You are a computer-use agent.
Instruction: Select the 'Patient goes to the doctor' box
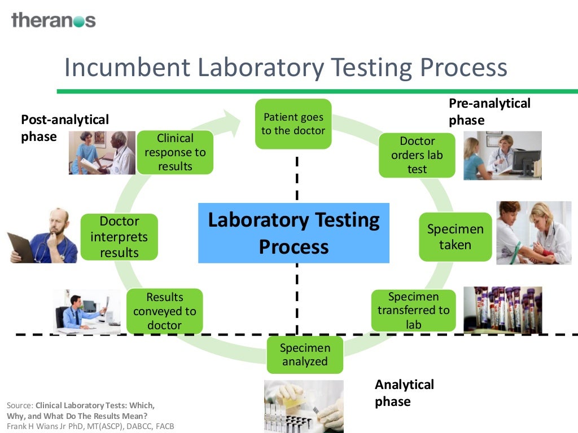(293, 124)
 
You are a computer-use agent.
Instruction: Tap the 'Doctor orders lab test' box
(417, 155)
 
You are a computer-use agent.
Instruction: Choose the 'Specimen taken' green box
(455, 237)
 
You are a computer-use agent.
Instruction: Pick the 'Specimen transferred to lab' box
(413, 311)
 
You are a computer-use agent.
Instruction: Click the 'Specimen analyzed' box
(304, 355)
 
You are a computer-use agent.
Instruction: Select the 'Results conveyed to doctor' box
(165, 311)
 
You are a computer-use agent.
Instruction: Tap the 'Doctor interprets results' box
(119, 237)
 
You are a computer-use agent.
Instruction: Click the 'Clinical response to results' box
(175, 152)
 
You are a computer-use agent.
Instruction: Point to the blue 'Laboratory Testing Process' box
(294, 233)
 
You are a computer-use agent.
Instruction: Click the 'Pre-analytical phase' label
(489, 112)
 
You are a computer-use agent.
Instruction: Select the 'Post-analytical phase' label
(64, 128)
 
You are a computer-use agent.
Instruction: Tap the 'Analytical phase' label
(404, 393)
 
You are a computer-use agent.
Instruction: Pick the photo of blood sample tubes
(502, 310)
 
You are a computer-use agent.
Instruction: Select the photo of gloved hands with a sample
(304, 406)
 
